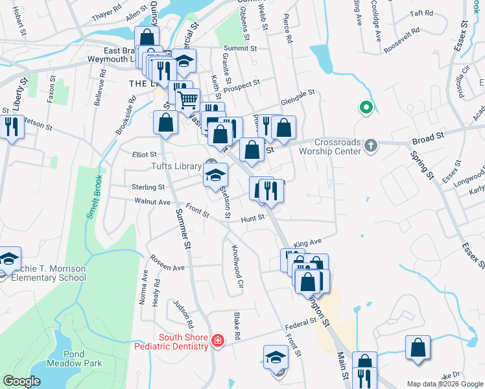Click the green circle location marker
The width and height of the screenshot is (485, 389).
pos(366,108)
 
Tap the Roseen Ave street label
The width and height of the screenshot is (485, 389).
pos(167,267)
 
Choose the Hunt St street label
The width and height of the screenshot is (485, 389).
pos(253,218)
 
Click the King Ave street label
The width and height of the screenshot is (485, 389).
pos(307,242)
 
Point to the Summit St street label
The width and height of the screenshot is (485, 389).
pos(240,49)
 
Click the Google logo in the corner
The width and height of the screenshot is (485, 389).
pos(21,381)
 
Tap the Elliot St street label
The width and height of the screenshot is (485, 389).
pos(145,154)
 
